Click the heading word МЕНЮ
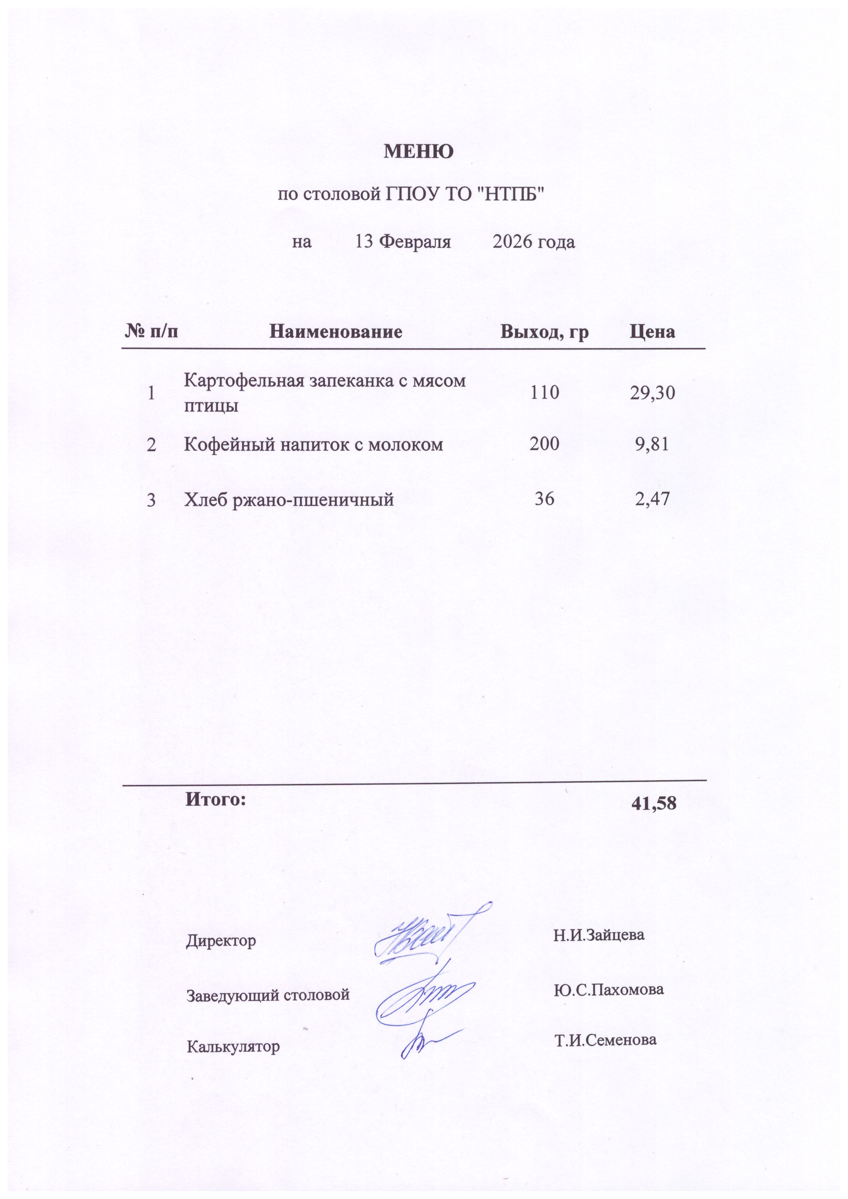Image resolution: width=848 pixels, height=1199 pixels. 419,152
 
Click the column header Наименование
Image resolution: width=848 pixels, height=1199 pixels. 336,332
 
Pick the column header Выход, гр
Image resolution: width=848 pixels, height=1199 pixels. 544,332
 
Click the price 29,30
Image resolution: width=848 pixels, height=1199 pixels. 652,393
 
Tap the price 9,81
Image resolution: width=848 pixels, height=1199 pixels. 652,444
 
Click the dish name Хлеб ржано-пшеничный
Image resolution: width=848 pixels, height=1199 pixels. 289,500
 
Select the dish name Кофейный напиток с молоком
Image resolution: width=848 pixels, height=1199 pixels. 313,445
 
